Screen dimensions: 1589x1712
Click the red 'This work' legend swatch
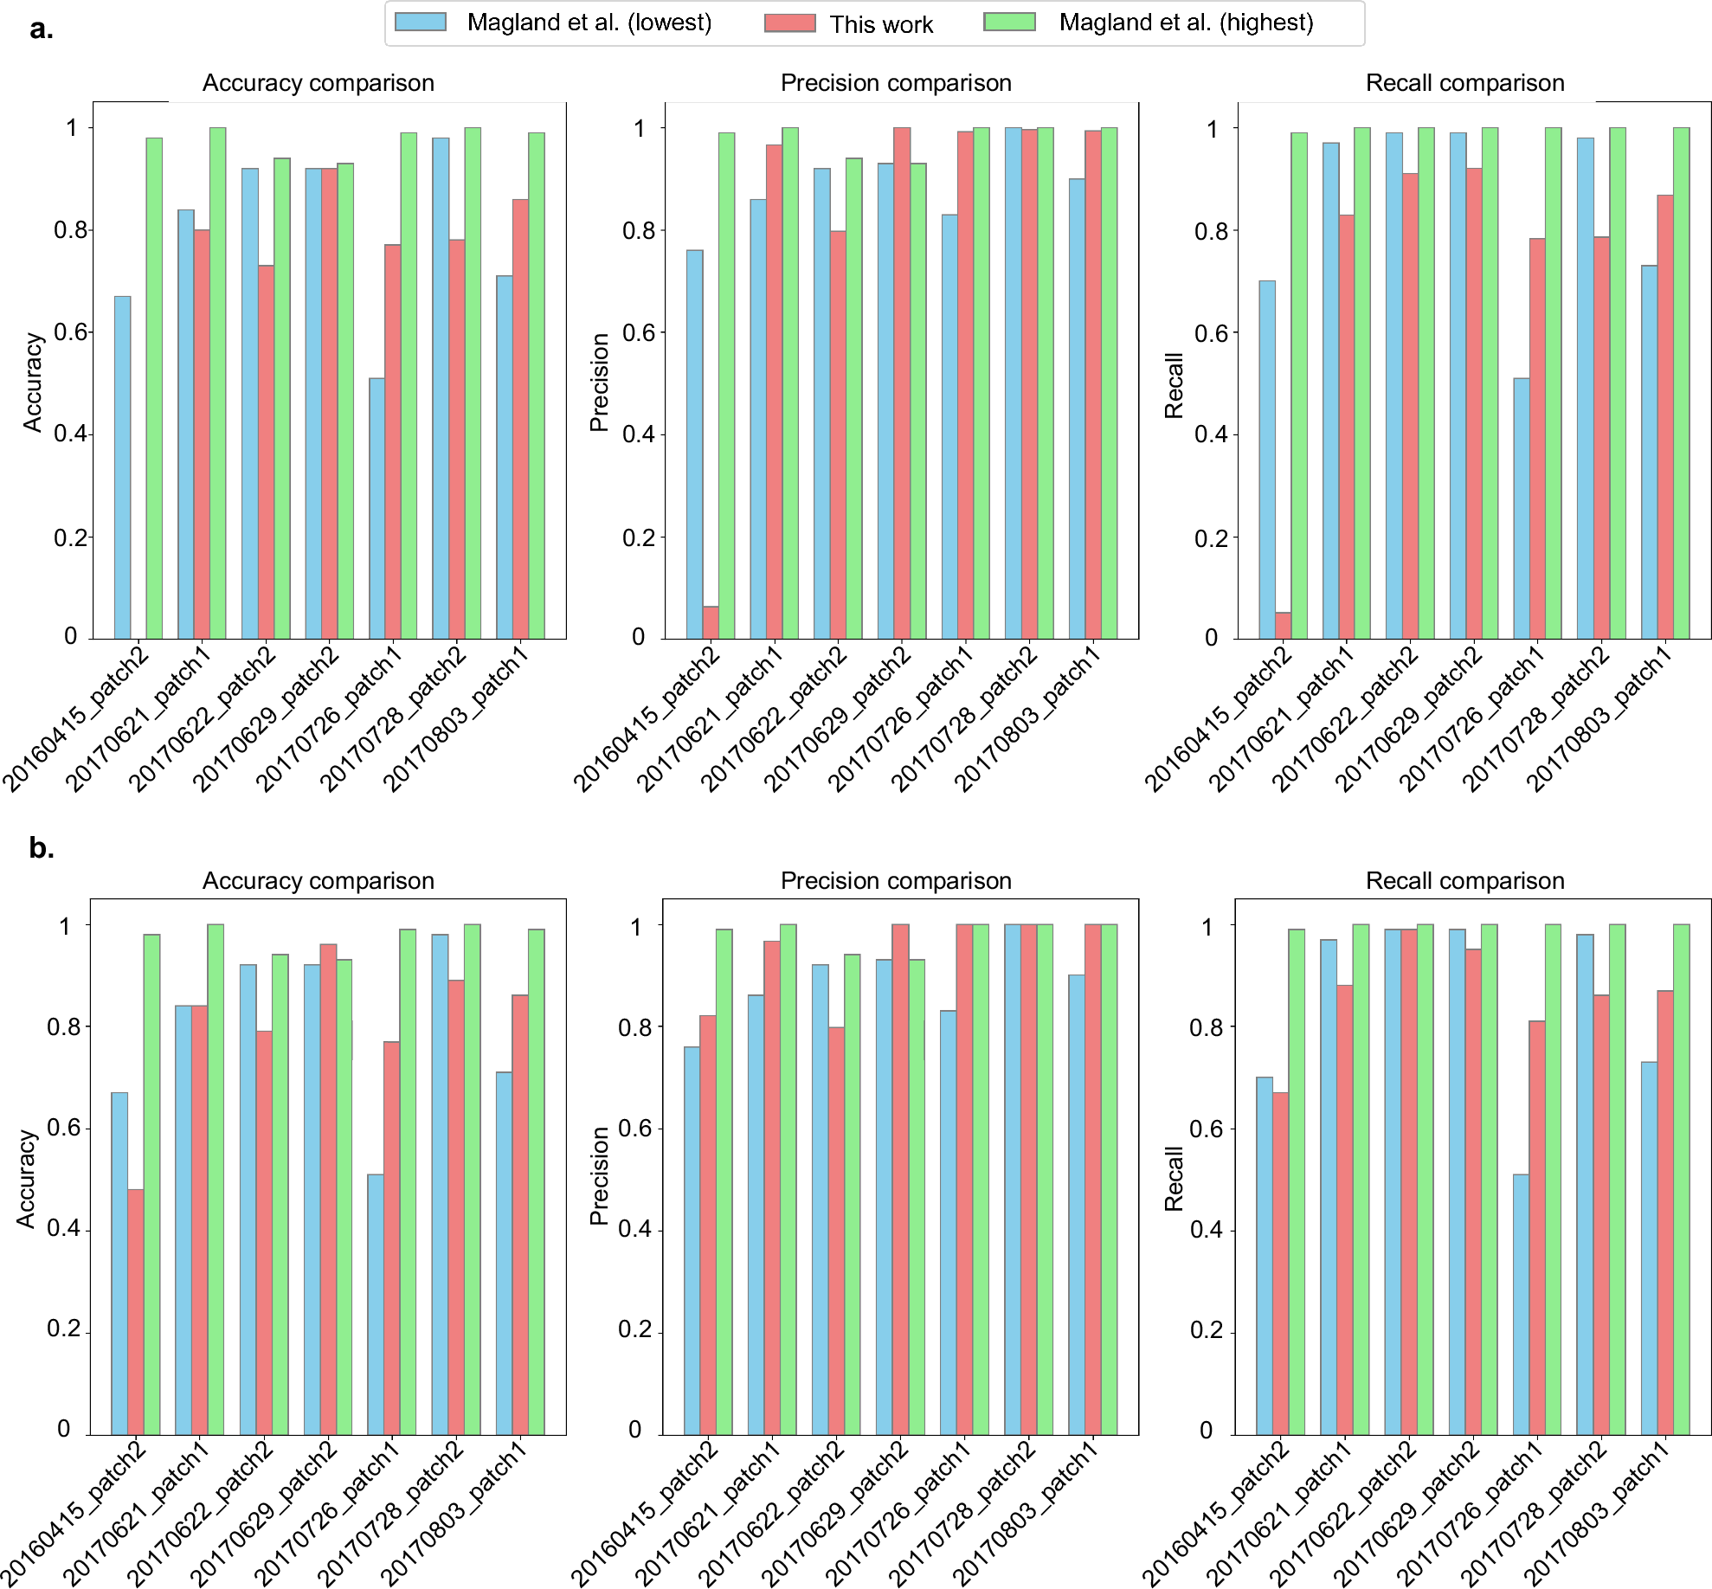pos(789,23)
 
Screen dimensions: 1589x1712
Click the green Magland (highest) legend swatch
pos(1009,23)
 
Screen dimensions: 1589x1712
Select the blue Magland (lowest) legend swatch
pos(421,23)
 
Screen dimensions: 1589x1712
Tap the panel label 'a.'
pos(41,29)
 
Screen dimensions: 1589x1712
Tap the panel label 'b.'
pos(41,847)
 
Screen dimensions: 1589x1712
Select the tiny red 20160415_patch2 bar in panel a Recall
pos(1283,626)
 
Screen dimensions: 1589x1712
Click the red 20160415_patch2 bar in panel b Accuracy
pos(136,1311)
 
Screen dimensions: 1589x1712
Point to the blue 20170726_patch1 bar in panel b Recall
pos(1521,1303)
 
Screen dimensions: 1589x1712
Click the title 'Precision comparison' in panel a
pos(896,83)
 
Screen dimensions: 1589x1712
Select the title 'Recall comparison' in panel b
pos(1464,881)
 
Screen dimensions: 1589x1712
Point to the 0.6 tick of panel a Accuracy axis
pos(71,332)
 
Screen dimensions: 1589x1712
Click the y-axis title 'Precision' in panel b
pos(599,1176)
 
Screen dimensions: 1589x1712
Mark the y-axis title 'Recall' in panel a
pos(1174,385)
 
